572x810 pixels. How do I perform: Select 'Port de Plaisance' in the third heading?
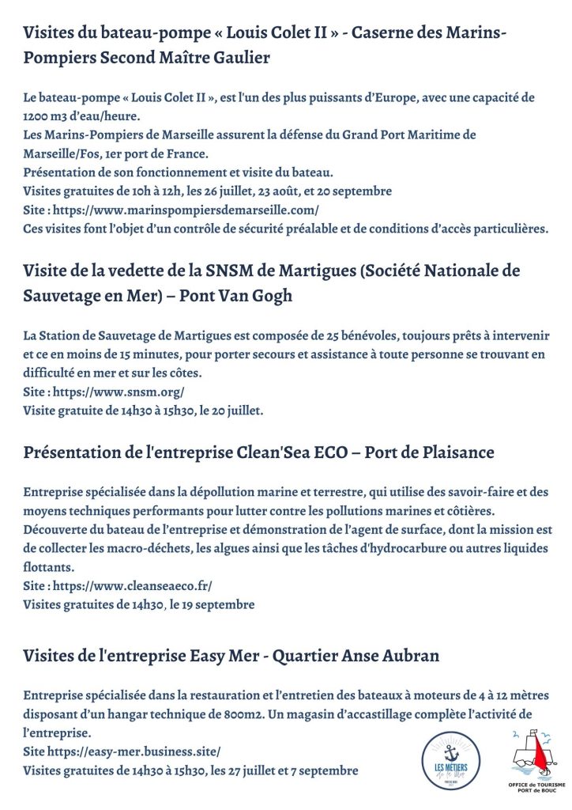click(427, 452)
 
